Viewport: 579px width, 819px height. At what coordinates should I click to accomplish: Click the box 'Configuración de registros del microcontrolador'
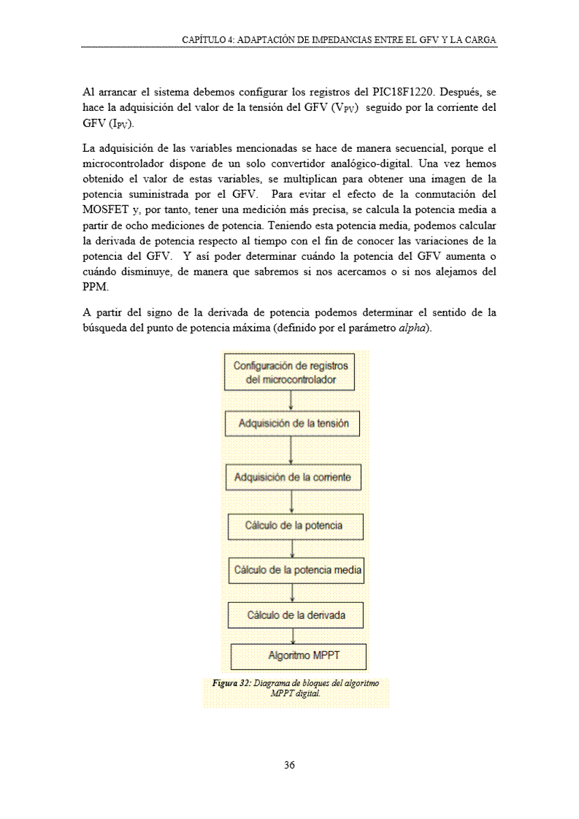[291, 372]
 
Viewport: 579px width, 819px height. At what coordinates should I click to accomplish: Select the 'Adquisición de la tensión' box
[293, 424]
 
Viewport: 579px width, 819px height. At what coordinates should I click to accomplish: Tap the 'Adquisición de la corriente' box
[293, 477]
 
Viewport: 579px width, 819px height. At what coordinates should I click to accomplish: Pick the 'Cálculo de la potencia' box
[295, 526]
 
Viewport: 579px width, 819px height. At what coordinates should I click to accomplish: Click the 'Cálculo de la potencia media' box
[296, 570]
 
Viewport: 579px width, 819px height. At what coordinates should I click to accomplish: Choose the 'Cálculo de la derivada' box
[296, 615]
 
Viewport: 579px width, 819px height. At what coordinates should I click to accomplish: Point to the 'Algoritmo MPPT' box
[298, 655]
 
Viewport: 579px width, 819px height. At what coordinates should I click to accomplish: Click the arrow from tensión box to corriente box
[291, 451]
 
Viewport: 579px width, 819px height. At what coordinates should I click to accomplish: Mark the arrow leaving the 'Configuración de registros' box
[291, 401]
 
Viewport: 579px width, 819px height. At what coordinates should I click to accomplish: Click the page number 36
[289, 766]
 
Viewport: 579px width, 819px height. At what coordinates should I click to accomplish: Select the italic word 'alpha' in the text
[413, 326]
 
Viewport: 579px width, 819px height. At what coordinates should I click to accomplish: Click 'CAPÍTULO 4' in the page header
[208, 39]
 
